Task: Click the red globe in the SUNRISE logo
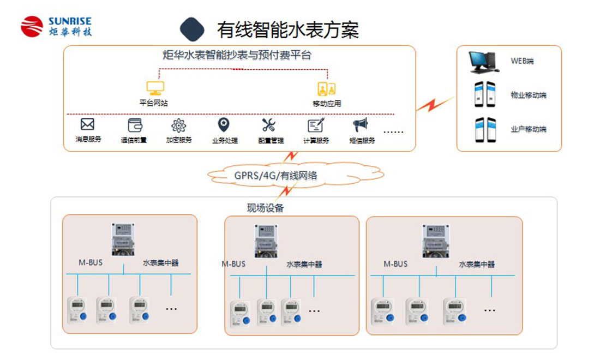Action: click(x=32, y=26)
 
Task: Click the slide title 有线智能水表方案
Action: click(x=287, y=29)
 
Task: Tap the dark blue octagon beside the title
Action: click(x=192, y=29)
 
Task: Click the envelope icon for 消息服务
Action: click(x=87, y=124)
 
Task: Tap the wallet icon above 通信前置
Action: click(x=134, y=125)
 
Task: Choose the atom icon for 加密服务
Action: click(x=179, y=125)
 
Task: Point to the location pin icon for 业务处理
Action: click(x=224, y=125)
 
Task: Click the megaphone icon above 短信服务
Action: click(x=361, y=125)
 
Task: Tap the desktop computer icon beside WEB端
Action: click(x=483, y=62)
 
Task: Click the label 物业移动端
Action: click(x=528, y=95)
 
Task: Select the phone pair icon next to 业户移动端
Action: click(x=484, y=129)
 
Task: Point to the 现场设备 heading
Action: click(x=265, y=208)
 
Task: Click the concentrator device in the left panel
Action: click(x=123, y=239)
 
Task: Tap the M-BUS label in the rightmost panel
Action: click(x=395, y=264)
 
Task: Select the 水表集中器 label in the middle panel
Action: click(x=304, y=265)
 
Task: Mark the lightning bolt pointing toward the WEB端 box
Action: click(x=434, y=103)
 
